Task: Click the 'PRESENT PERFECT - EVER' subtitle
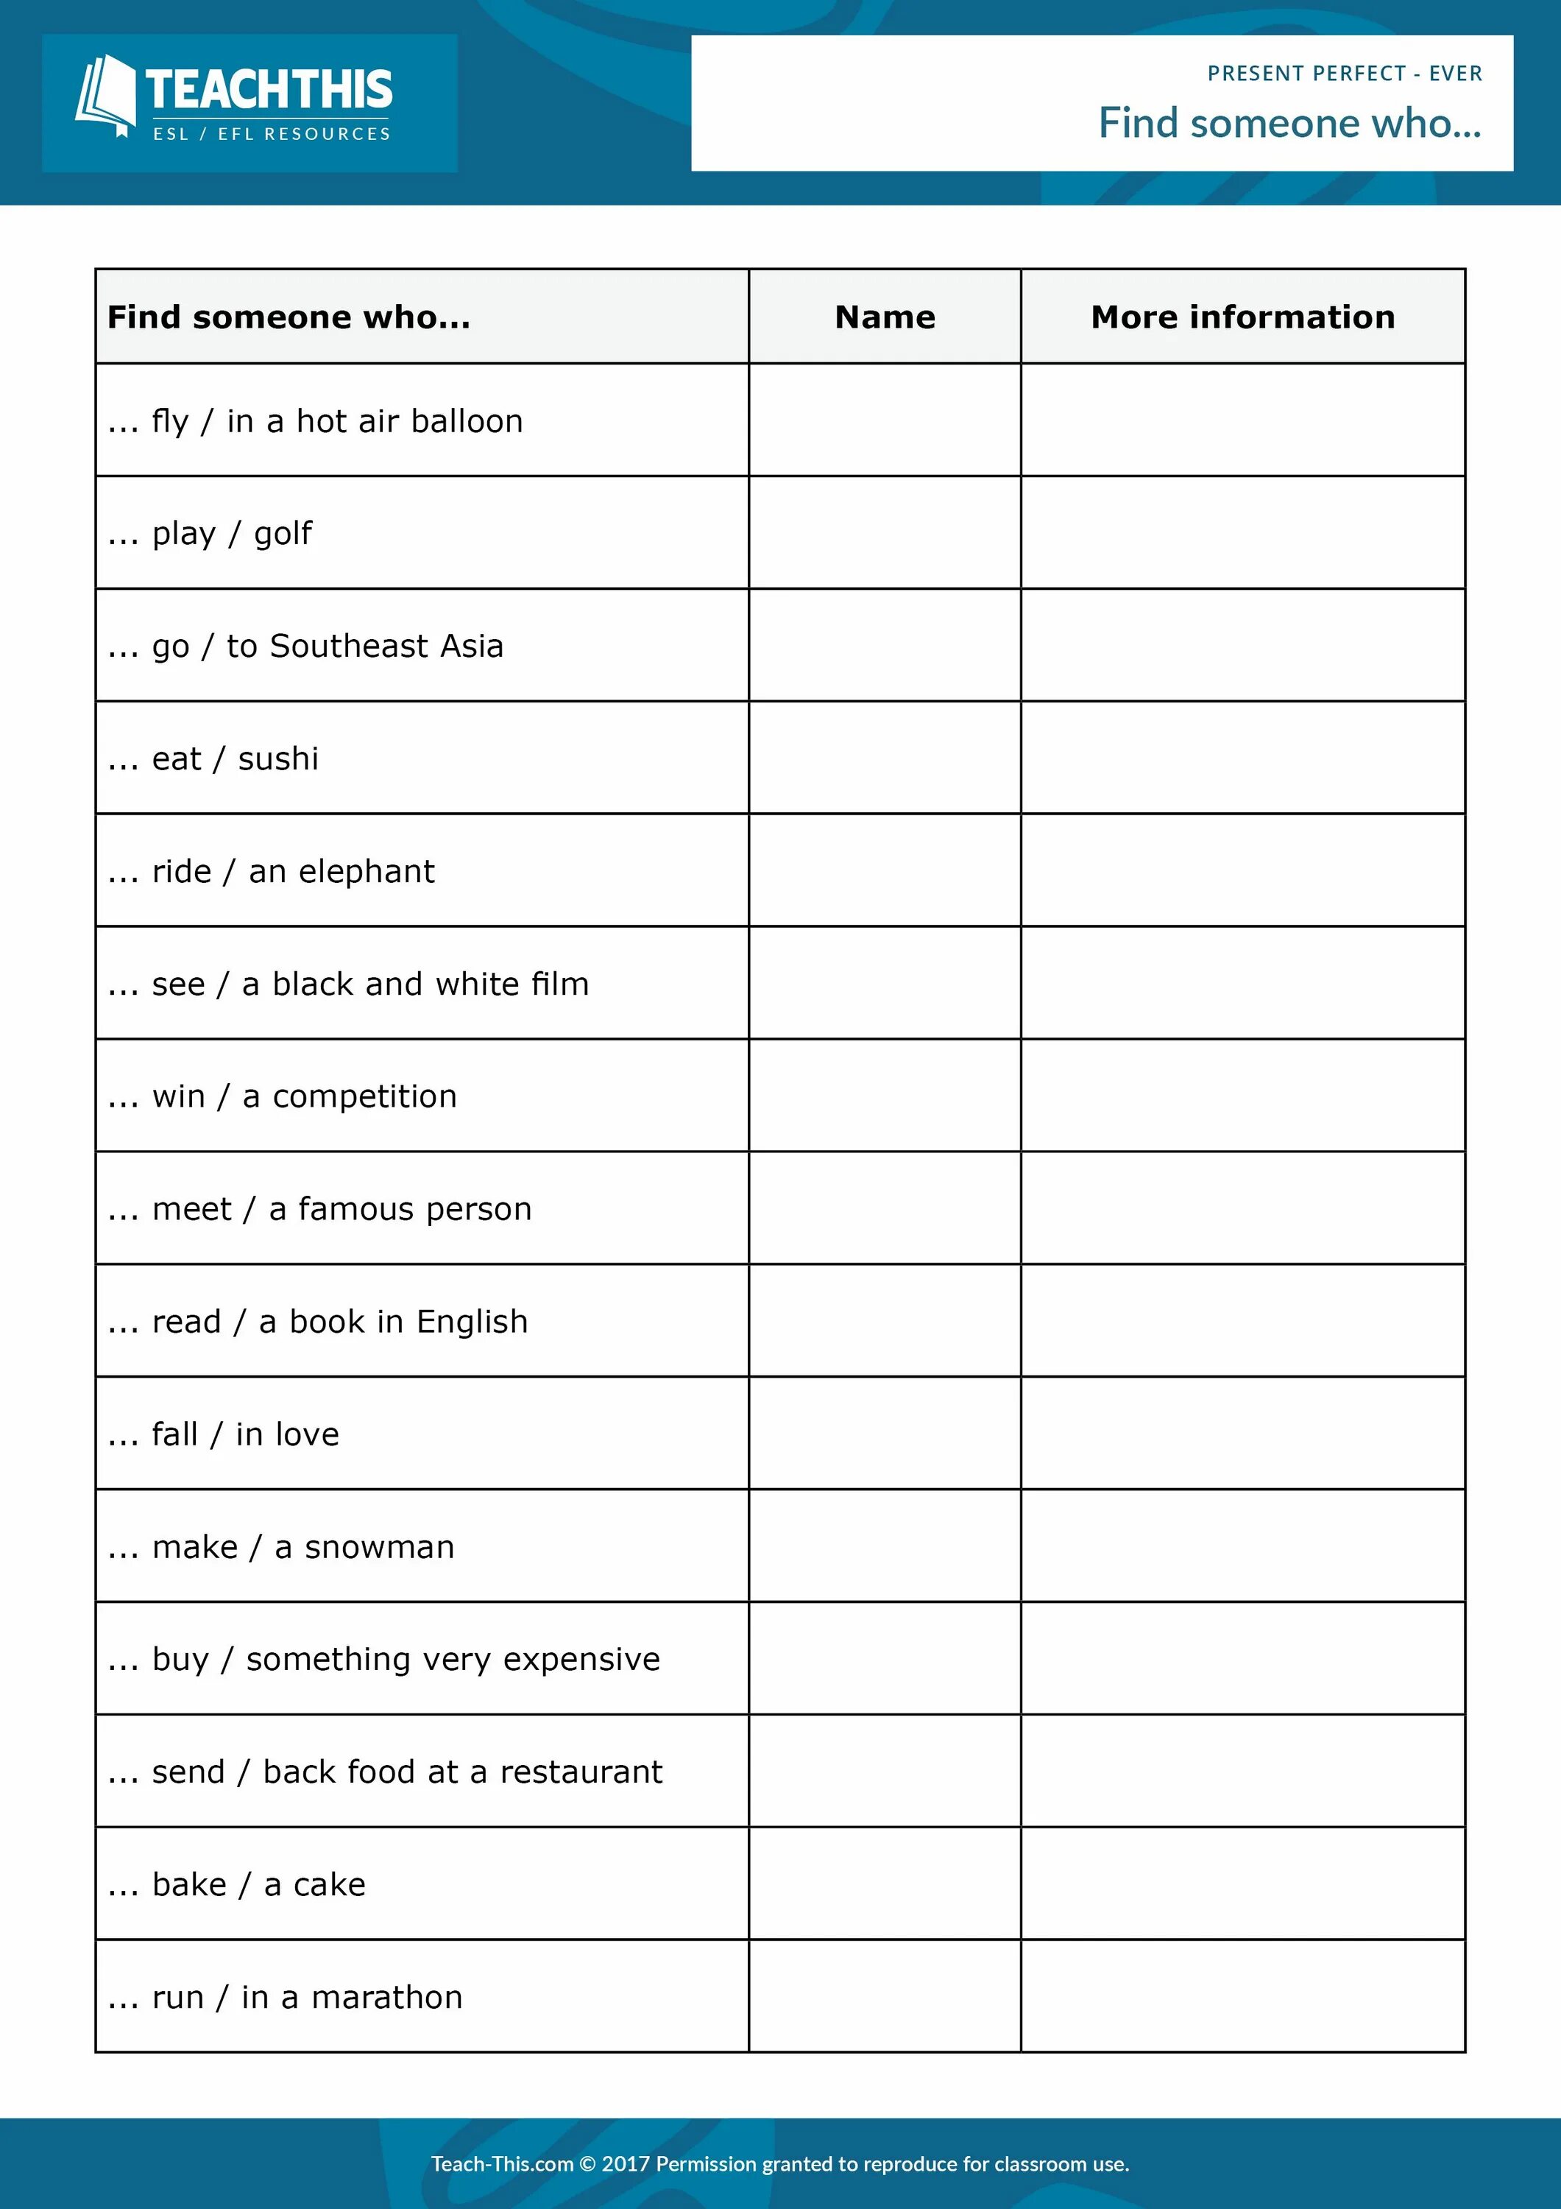click(1344, 74)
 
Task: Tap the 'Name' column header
click(884, 317)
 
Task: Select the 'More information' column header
click(1242, 317)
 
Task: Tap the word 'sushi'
click(278, 759)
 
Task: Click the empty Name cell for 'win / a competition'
click(884, 1096)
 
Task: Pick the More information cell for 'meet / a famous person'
click(1242, 1208)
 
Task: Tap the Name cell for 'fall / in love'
click(884, 1434)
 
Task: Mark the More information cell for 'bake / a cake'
click(1242, 1884)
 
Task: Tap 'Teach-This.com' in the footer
click(502, 2164)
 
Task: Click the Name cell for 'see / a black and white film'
click(884, 983)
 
